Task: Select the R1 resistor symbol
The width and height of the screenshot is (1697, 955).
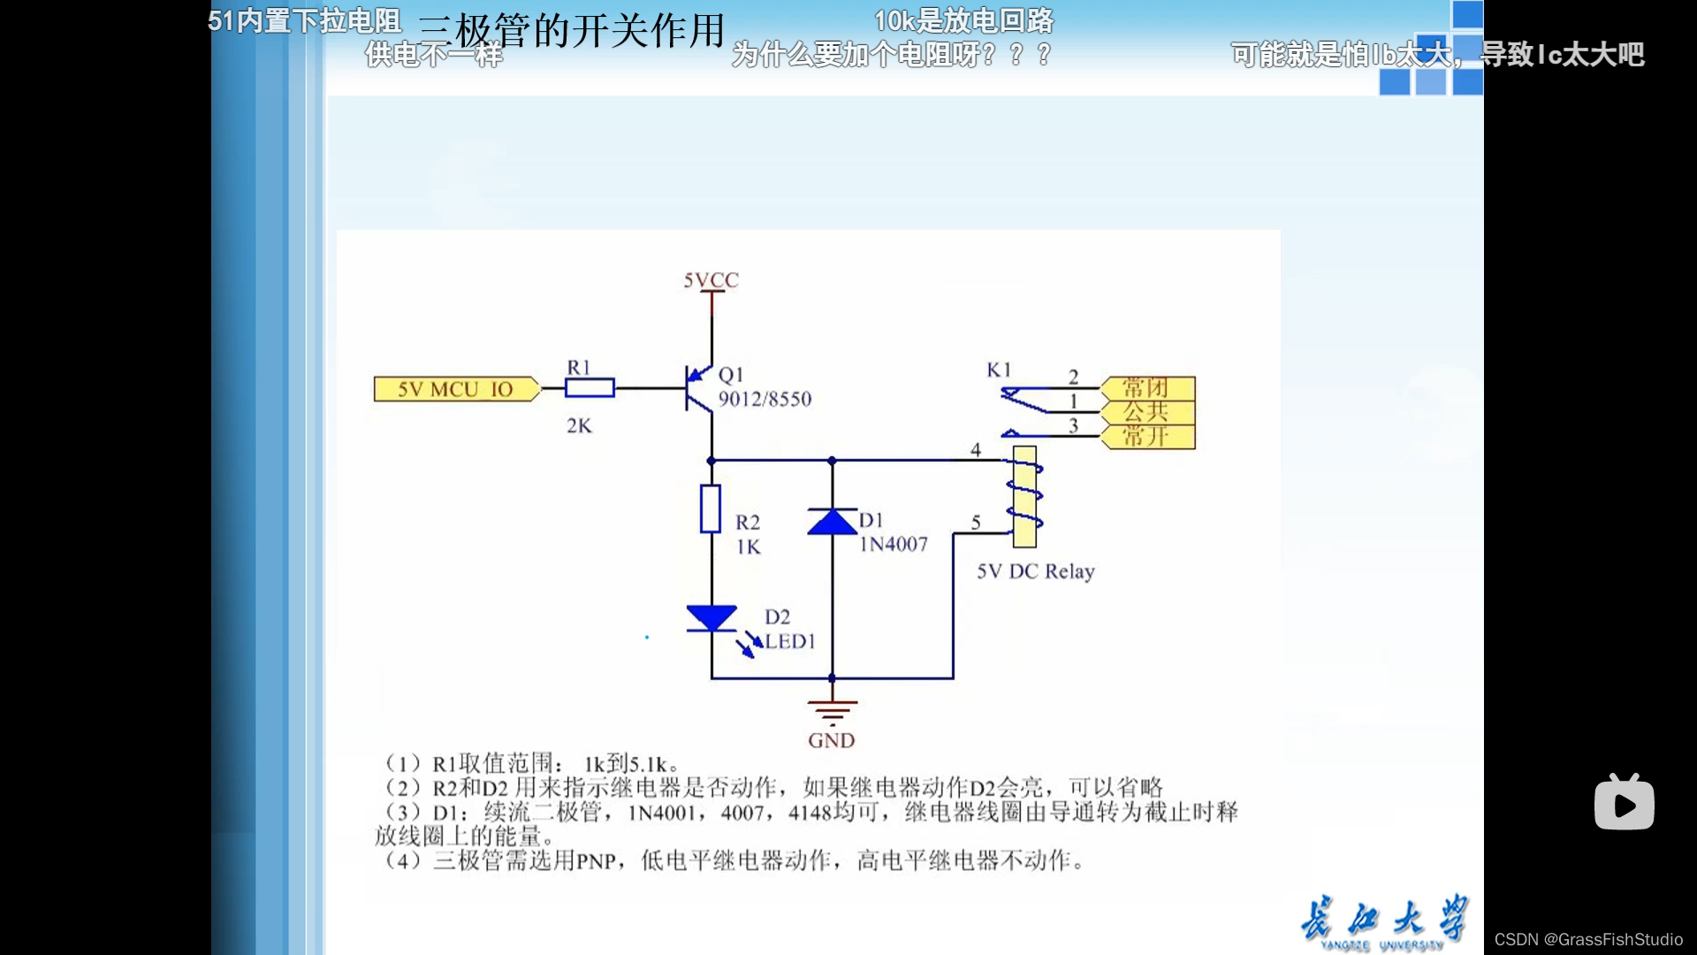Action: [590, 387]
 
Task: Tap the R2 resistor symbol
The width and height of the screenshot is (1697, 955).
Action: [711, 508]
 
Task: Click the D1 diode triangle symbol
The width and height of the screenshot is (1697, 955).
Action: [832, 523]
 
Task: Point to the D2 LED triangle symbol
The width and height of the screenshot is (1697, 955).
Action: [712, 618]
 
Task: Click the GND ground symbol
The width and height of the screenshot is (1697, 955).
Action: [832, 711]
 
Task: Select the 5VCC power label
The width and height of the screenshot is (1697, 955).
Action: [711, 280]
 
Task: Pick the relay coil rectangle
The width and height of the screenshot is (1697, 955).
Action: [1024, 496]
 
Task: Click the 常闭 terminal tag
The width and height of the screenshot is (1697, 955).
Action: [1147, 388]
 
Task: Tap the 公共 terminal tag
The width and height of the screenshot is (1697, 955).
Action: [1147, 412]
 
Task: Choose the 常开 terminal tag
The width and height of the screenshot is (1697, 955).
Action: [1147, 437]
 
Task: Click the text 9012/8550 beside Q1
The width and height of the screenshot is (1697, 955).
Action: [765, 400]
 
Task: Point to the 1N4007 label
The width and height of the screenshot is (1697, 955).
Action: [894, 545]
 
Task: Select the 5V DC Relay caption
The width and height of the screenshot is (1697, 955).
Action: [1035, 571]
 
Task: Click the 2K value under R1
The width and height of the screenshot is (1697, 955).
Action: [579, 426]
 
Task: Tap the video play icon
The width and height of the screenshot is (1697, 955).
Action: [1624, 803]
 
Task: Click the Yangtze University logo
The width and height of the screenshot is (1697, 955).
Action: [1383, 922]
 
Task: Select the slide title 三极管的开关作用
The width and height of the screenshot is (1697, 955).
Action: [571, 31]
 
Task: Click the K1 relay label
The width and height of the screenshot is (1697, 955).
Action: [999, 370]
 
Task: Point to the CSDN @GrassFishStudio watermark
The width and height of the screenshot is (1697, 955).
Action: [1588, 939]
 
